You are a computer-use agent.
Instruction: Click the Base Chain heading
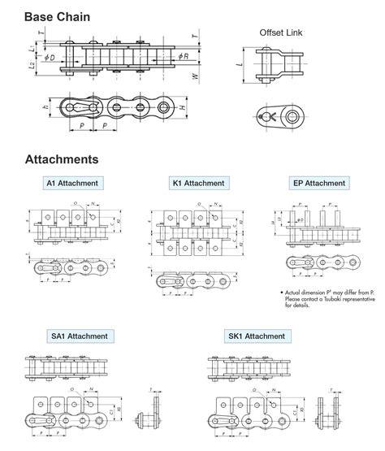coord(46,15)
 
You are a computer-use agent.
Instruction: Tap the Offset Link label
coord(281,33)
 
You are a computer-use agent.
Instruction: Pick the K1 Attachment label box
coord(198,183)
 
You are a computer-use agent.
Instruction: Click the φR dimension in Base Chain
coord(186,56)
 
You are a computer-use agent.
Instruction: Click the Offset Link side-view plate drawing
coord(281,116)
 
